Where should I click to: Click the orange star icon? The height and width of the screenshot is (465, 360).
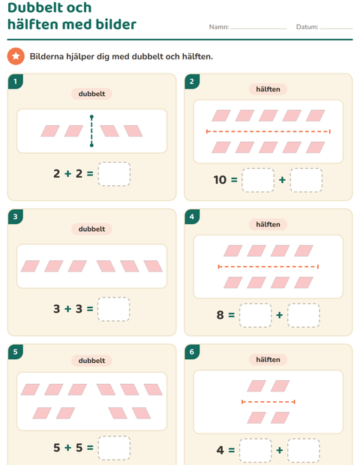[x=16, y=56]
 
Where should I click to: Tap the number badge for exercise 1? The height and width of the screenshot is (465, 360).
[x=16, y=82]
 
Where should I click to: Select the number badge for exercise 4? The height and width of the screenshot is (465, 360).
[x=192, y=217]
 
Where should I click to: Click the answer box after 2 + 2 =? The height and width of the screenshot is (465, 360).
[x=114, y=174]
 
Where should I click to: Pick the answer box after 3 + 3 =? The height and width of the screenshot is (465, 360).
[x=113, y=309]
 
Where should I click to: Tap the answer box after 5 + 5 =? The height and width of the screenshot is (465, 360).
[x=114, y=448]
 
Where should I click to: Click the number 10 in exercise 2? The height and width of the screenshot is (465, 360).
[x=220, y=180]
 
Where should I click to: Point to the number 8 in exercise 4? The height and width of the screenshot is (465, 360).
[x=220, y=315]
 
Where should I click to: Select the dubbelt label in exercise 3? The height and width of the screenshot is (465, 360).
[x=91, y=229]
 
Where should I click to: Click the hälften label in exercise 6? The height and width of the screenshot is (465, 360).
[x=268, y=360]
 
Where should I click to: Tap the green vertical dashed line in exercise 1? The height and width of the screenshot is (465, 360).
[x=91, y=130]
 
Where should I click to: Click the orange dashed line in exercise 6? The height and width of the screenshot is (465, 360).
[x=268, y=402]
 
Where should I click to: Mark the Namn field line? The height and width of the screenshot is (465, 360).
[x=259, y=28]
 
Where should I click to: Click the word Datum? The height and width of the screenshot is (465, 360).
[x=307, y=27]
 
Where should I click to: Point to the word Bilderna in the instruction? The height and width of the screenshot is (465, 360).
[x=46, y=56]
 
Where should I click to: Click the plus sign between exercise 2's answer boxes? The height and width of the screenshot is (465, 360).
[x=282, y=180]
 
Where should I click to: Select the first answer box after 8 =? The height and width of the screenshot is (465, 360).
[x=255, y=315]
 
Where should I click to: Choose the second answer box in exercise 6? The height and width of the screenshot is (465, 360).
[x=304, y=451]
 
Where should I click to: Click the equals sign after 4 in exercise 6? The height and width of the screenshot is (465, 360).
[x=232, y=450]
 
